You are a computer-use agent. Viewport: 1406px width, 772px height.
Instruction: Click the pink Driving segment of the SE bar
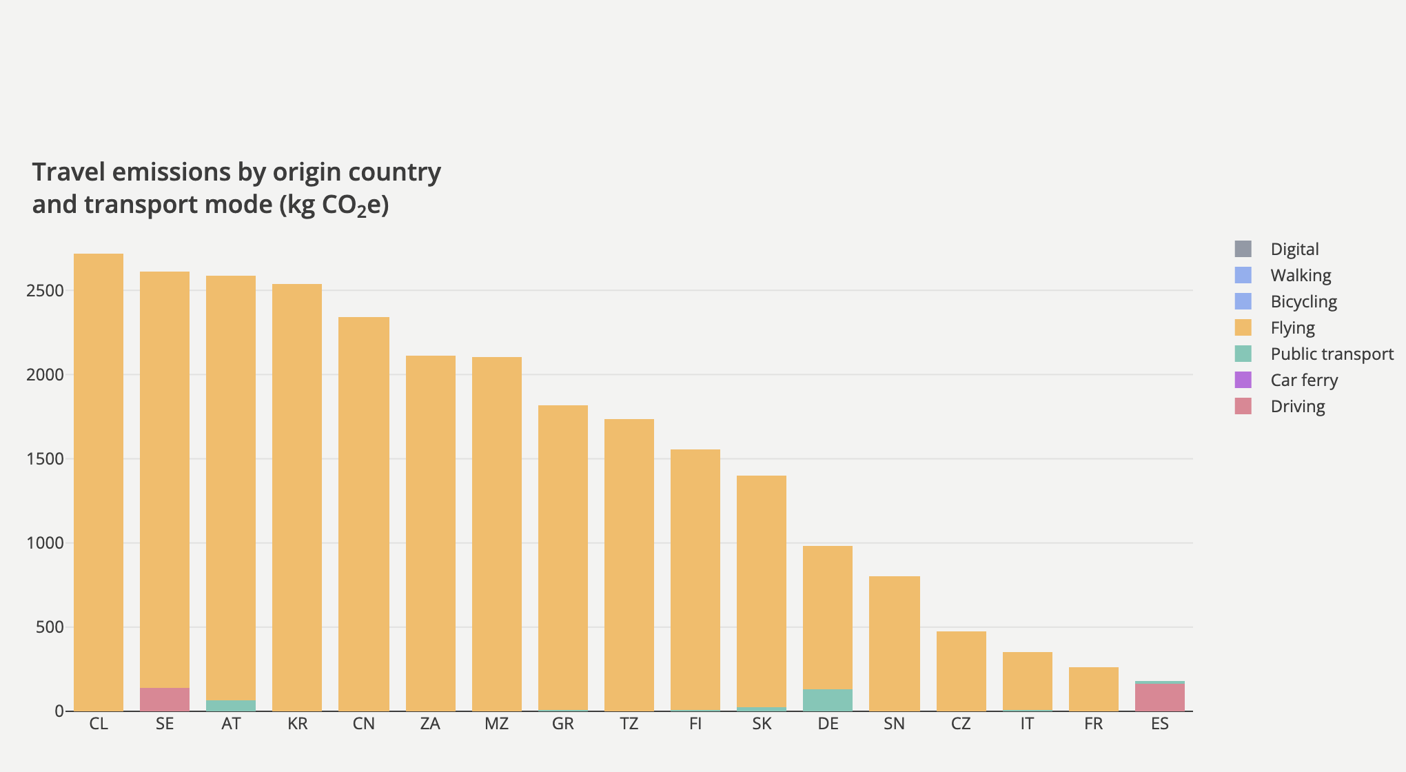pyautogui.click(x=165, y=699)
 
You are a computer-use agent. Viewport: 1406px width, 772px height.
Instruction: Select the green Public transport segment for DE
pyautogui.click(x=828, y=700)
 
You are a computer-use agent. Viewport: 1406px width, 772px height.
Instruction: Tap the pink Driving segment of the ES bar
pyautogui.click(x=1160, y=697)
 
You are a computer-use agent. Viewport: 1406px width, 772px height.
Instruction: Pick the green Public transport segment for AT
pyautogui.click(x=231, y=705)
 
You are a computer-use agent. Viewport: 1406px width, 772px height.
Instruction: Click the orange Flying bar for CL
pyautogui.click(x=99, y=482)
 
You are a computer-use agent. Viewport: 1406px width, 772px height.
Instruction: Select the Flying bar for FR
pyautogui.click(x=1094, y=689)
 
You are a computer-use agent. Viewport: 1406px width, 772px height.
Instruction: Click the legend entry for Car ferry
pyautogui.click(x=1304, y=380)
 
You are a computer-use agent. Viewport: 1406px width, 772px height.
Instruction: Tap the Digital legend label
pyautogui.click(x=1294, y=249)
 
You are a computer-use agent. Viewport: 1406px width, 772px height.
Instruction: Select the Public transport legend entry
pyautogui.click(x=1332, y=354)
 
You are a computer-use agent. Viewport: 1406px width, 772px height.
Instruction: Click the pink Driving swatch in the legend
pyautogui.click(x=1243, y=406)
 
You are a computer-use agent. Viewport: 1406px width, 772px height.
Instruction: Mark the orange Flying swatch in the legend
pyautogui.click(x=1243, y=327)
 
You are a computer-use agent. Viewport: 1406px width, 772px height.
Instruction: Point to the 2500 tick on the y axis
pyautogui.click(x=45, y=290)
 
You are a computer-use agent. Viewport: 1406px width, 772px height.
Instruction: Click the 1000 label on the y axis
pyautogui.click(x=45, y=543)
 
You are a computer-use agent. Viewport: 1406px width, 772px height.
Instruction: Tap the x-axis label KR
pyautogui.click(x=298, y=724)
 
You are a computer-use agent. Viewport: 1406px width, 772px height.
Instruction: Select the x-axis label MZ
pyautogui.click(x=496, y=724)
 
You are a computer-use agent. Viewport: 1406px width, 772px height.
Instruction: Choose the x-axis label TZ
pyautogui.click(x=629, y=724)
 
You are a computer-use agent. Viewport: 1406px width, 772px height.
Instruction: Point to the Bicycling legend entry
pyautogui.click(x=1303, y=301)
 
